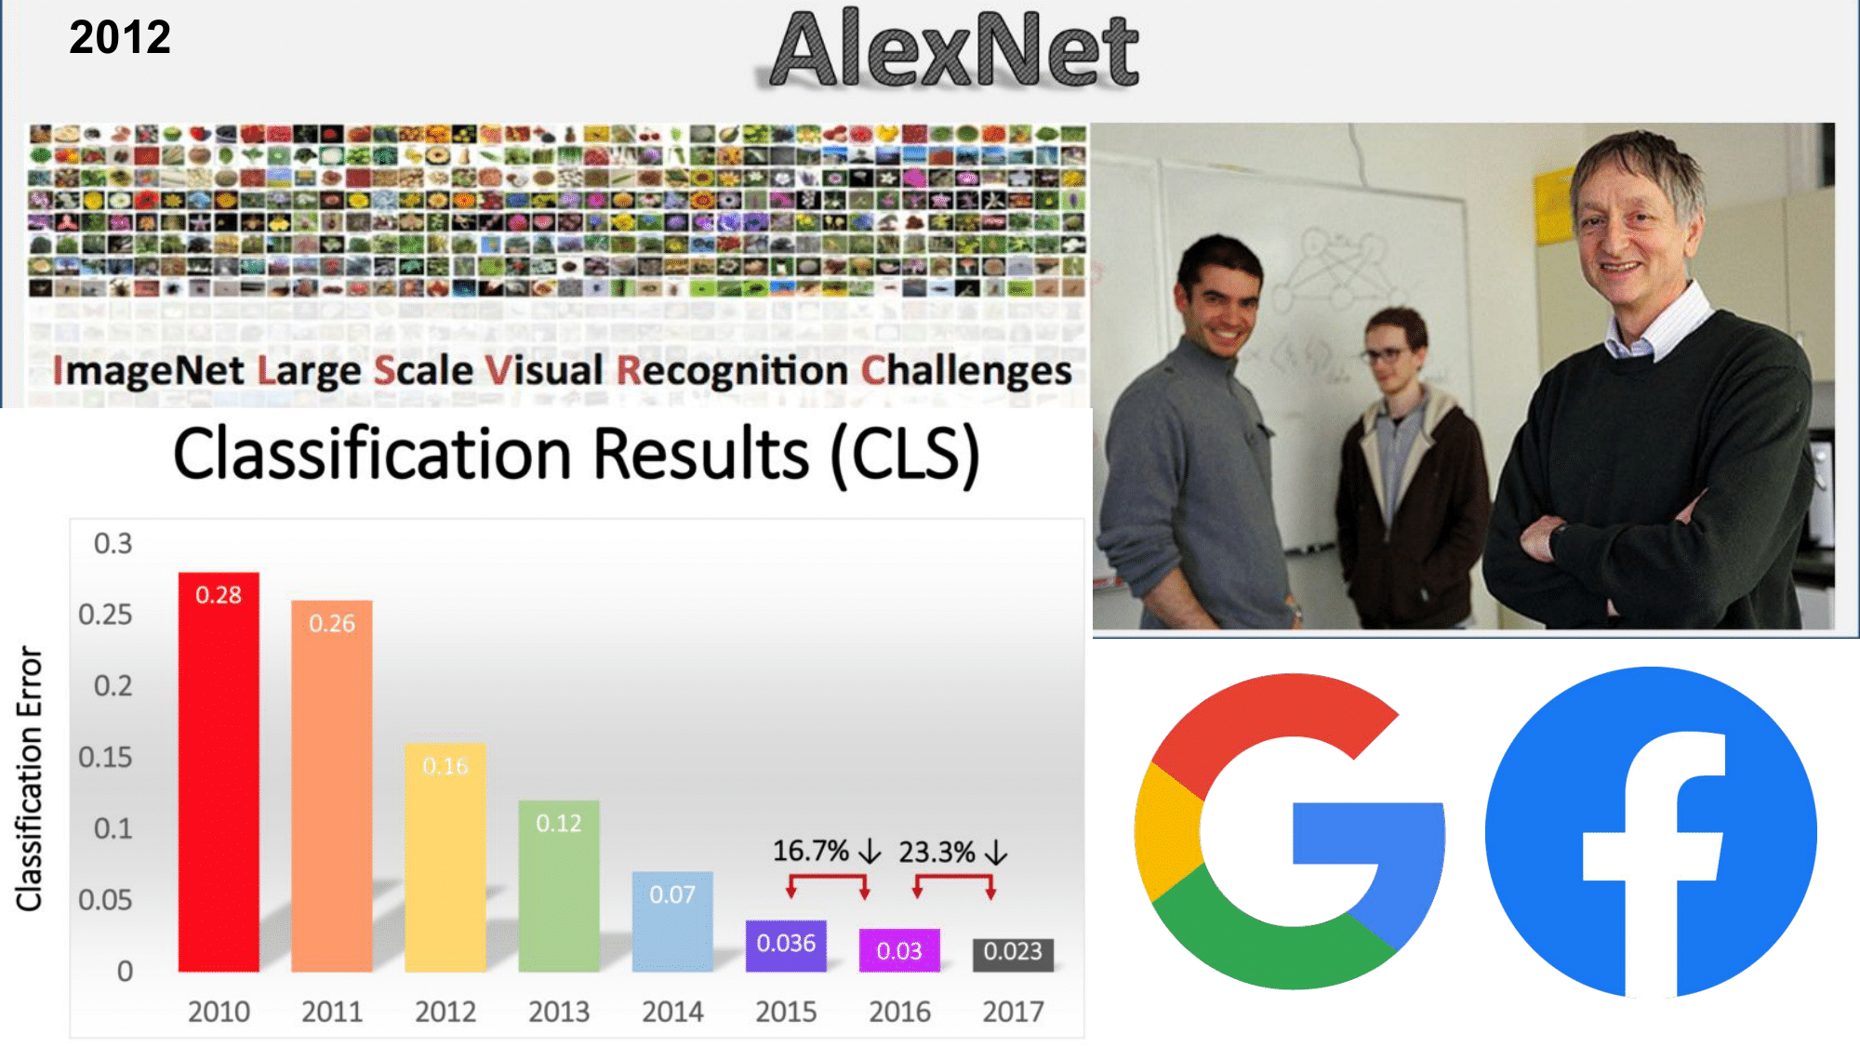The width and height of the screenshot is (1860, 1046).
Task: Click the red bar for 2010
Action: click(219, 772)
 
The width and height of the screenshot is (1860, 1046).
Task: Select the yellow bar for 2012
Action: click(445, 857)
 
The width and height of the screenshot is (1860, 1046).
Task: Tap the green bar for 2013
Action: click(559, 886)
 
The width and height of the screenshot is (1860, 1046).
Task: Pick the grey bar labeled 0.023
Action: click(1013, 955)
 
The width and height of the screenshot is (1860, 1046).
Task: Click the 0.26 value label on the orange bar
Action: click(332, 623)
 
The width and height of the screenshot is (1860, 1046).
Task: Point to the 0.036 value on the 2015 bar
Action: click(786, 943)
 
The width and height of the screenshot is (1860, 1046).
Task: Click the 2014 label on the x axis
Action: click(672, 1012)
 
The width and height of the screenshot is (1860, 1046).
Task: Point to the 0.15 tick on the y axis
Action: click(105, 757)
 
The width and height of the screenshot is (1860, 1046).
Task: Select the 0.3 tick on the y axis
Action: click(113, 543)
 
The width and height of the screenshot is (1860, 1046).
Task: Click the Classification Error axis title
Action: click(30, 778)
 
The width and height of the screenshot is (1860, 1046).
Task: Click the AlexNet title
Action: click(954, 50)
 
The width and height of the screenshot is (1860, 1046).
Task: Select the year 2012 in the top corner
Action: click(120, 38)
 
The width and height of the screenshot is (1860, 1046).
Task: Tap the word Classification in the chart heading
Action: click(372, 454)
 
